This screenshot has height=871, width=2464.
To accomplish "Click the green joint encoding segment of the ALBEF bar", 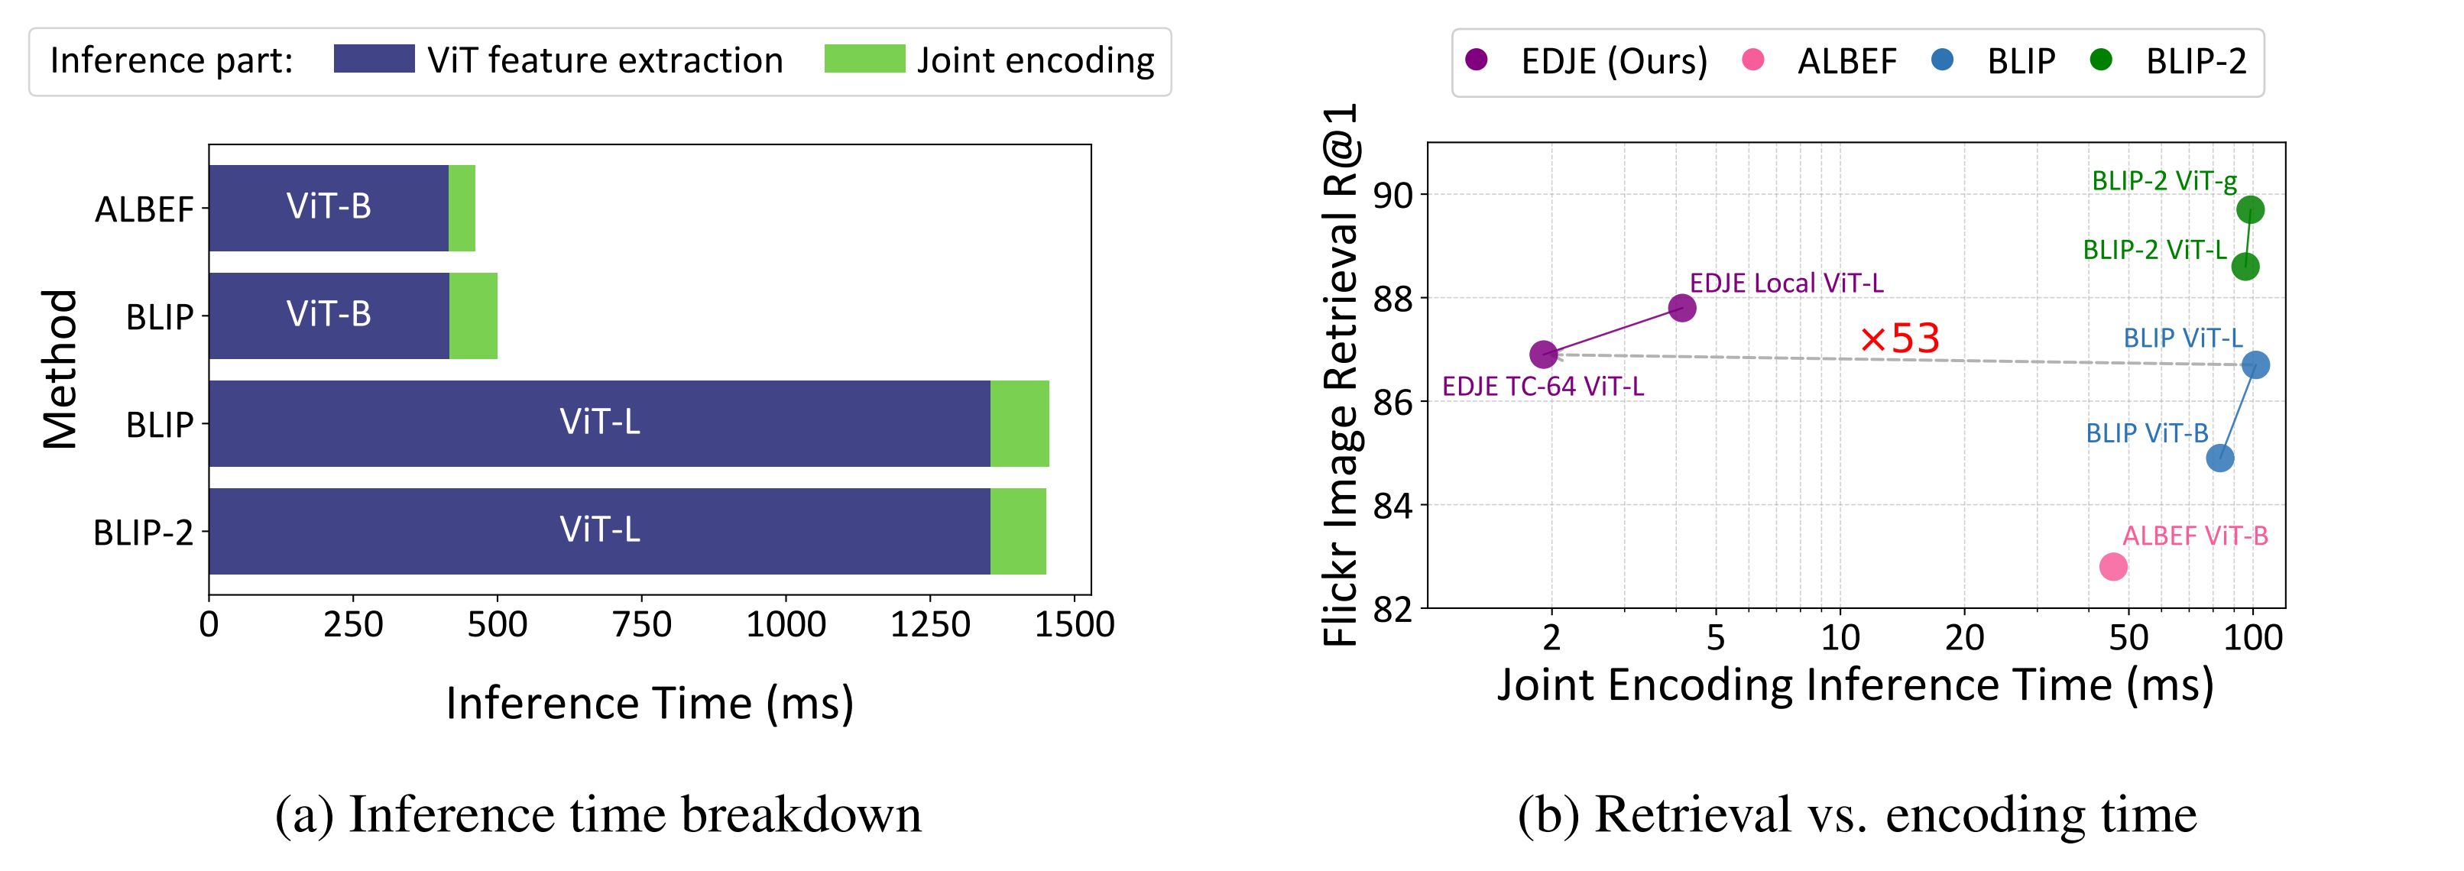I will coord(462,208).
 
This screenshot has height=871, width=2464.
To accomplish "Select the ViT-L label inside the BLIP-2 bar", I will coord(600,529).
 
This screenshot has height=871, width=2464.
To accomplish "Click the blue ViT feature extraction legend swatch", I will coord(374,60).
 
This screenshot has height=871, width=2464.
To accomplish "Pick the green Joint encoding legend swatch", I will coord(864,60).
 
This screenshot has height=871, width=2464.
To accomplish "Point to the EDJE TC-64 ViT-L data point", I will coord(1543,355).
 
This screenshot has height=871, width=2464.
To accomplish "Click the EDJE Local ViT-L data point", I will coord(1681,308).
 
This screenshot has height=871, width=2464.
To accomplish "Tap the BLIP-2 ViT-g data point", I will coord(2250,210).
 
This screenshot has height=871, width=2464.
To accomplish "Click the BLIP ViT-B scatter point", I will coord(2220,458).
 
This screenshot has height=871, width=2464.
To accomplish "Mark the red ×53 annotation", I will coord(1901,338).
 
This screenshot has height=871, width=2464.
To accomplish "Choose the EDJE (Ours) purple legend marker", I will coord(1477,60).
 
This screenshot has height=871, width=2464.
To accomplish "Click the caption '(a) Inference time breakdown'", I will coord(598,814).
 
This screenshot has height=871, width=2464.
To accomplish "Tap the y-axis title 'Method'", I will coord(60,369).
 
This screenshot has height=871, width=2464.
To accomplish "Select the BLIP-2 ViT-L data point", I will coord(2245,267).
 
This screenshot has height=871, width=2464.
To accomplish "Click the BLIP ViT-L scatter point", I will coord(2255,364).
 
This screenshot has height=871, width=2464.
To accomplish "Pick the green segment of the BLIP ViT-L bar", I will coord(1020,423).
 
